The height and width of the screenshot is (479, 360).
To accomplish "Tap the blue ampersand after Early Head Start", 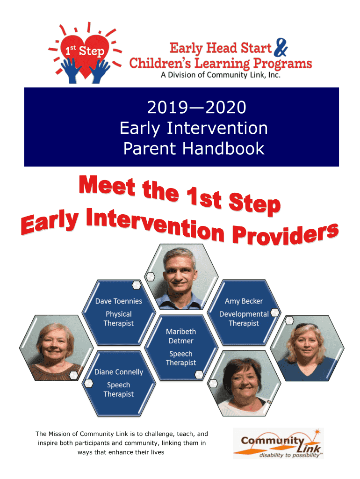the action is pyautogui.click(x=281, y=48).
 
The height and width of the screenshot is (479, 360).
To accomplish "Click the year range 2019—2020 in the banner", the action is pyautogui.click(x=197, y=107).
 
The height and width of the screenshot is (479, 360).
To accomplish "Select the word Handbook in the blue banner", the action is pyautogui.click(x=223, y=148).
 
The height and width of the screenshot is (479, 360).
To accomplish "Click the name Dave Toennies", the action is pyautogui.click(x=119, y=301).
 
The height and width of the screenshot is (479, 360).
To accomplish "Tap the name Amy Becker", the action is pyautogui.click(x=244, y=301).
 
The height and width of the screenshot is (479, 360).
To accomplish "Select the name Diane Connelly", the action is pyautogui.click(x=119, y=372).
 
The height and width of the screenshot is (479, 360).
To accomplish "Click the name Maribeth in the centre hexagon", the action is pyautogui.click(x=181, y=332).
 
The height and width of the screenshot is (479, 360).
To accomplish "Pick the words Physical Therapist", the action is pyautogui.click(x=118, y=319).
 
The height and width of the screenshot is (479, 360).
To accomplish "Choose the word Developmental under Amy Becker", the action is pyautogui.click(x=244, y=314).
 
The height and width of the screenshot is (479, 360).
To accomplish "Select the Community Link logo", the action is pyautogui.click(x=278, y=443).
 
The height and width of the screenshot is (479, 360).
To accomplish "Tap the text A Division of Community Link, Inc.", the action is pyautogui.click(x=221, y=75).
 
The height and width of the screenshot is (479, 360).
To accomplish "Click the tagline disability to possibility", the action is pyautogui.click(x=289, y=455).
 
